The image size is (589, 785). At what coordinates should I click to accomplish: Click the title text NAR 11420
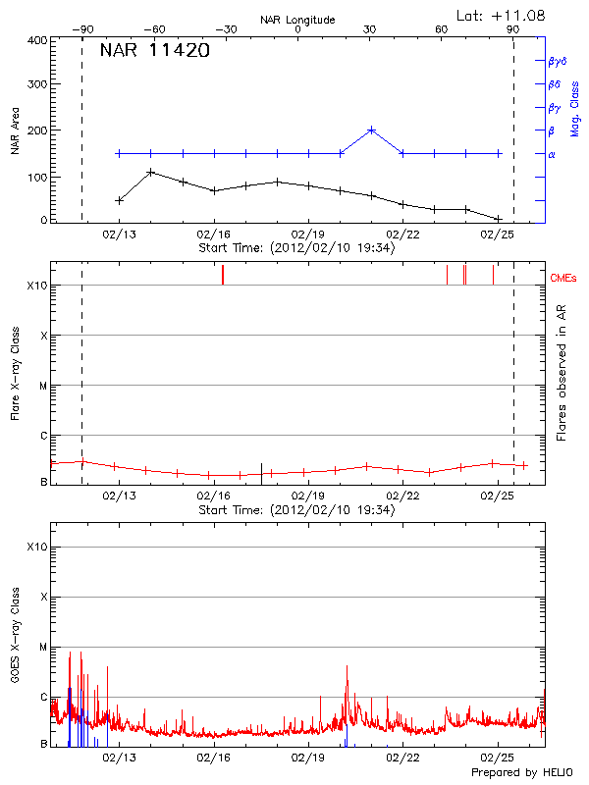click(x=155, y=51)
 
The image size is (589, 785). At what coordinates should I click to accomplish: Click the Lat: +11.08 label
click(x=502, y=14)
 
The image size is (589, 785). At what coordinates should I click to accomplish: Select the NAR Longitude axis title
click(x=297, y=20)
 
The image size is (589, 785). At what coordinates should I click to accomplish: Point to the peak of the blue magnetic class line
click(x=371, y=130)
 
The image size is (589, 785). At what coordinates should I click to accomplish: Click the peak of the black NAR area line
click(x=150, y=172)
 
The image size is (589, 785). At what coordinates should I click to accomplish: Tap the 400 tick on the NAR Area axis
click(x=37, y=40)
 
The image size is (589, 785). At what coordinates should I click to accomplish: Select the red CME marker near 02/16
click(x=223, y=275)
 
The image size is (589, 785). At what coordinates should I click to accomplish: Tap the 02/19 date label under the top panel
click(x=308, y=235)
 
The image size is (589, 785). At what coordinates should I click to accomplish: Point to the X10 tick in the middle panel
click(x=37, y=287)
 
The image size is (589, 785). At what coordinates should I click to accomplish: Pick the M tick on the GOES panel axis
click(x=42, y=648)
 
